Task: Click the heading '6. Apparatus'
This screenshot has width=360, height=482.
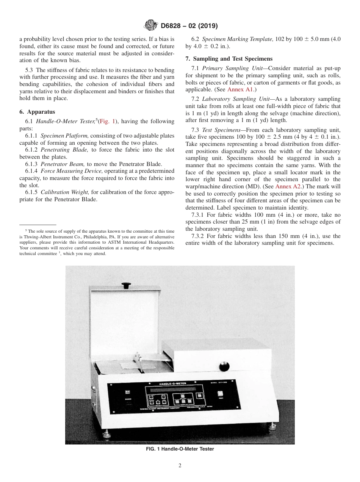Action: coord(37,112)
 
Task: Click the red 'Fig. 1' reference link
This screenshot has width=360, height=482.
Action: coord(107,121)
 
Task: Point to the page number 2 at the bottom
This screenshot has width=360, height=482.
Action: coord(180,465)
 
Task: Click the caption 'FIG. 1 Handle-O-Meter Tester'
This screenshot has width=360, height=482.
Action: coord(180,449)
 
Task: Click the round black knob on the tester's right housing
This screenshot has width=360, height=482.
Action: coord(224,366)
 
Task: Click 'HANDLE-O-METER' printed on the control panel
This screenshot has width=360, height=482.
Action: coord(172,384)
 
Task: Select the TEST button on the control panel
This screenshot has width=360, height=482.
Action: coord(220,394)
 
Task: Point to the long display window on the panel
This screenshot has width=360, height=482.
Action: coord(172,390)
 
